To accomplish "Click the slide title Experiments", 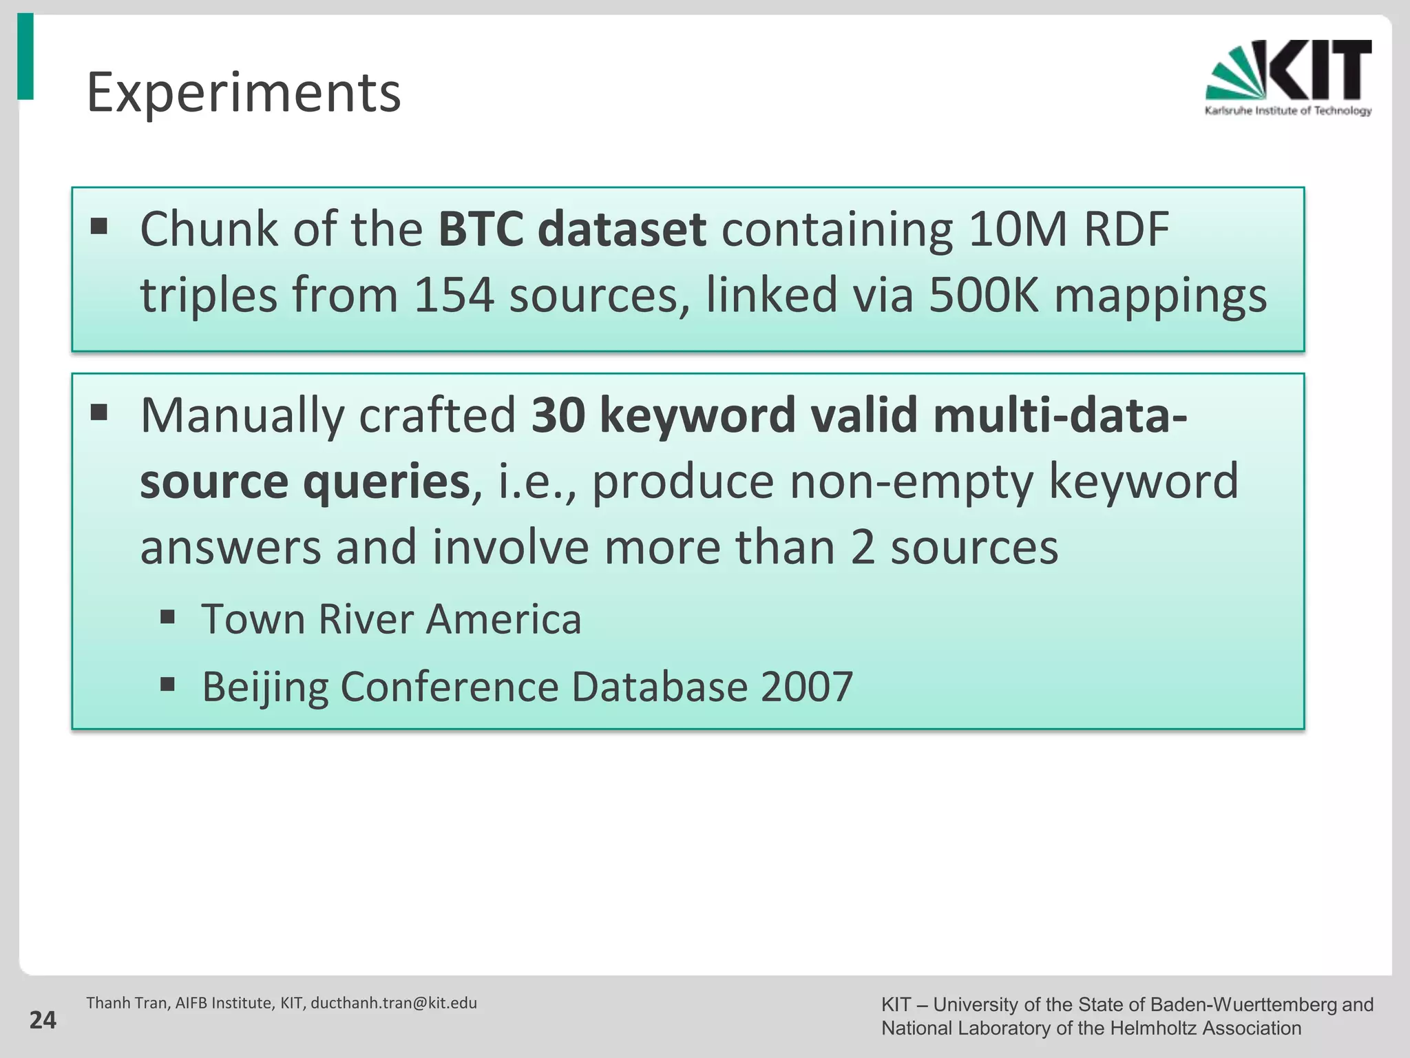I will (x=243, y=93).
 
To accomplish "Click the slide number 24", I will (x=43, y=1020).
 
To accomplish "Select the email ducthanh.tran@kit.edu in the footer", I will (x=394, y=1003).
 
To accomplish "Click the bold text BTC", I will (x=480, y=229).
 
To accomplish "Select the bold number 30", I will (x=558, y=416).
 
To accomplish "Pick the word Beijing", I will (x=265, y=687).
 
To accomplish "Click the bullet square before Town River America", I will (x=167, y=616).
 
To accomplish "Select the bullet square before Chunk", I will (x=99, y=226).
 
